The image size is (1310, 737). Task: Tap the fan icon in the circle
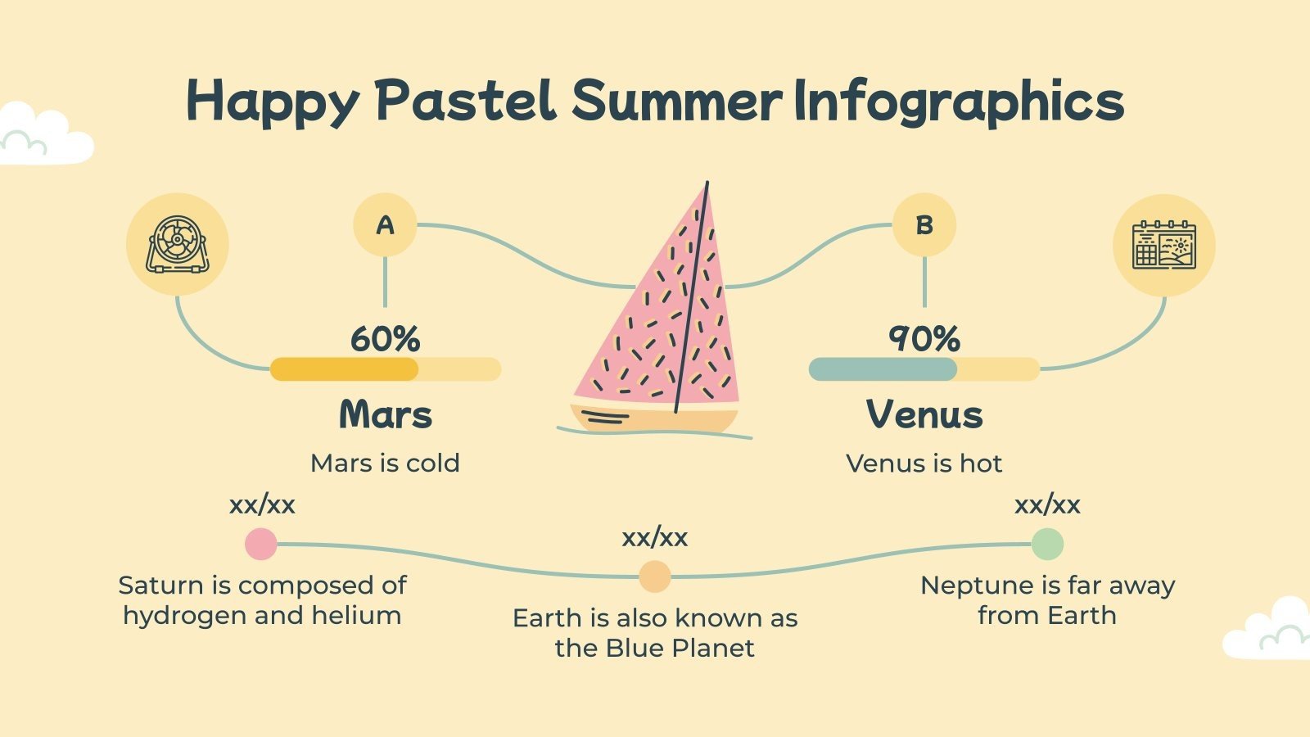[177, 245]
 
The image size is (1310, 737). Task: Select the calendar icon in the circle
[1163, 245]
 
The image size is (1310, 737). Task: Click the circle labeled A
[385, 225]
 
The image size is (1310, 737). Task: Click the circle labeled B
[924, 225]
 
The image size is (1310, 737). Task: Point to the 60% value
[385, 339]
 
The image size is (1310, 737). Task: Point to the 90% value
[924, 339]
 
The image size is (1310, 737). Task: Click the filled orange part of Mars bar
[344, 369]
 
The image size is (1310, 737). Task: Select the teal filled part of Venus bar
[882, 369]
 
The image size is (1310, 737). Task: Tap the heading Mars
[385, 414]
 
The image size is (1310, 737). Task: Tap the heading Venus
[924, 414]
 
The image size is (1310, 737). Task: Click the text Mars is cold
[385, 463]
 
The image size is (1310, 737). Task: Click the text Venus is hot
[924, 463]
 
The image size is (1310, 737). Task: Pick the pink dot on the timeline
[261, 544]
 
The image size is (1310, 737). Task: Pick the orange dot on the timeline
[654, 576]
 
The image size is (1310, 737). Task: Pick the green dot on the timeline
[1046, 544]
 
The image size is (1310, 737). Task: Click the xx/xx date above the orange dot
[654, 538]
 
